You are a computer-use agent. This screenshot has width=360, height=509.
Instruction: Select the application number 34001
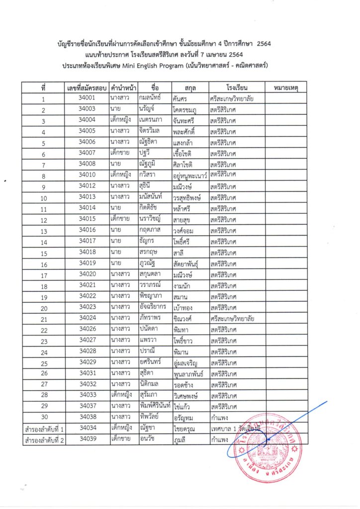click(x=87, y=98)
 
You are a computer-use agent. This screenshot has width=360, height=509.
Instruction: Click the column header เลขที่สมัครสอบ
click(x=87, y=87)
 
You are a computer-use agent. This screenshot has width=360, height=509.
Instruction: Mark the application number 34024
click(x=87, y=318)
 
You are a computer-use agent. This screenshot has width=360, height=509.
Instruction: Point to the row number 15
click(x=44, y=254)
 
